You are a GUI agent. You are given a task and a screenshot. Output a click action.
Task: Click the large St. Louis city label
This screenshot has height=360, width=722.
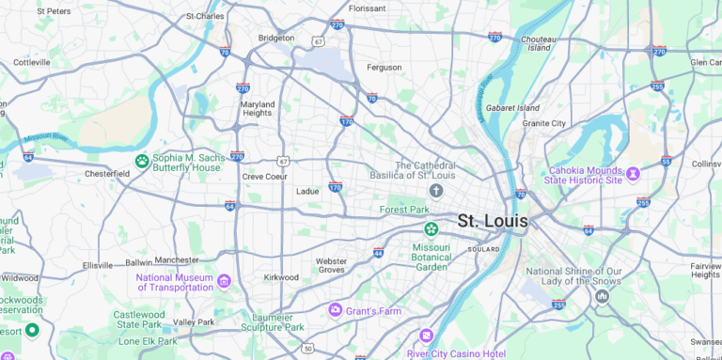click(493, 222)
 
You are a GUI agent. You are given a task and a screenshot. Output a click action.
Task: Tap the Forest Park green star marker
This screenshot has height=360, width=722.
click(431, 228)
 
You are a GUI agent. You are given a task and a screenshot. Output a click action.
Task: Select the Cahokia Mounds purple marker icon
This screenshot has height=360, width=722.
click(633, 173)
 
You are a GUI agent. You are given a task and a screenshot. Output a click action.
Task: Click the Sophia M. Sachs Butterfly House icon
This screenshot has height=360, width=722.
click(142, 161)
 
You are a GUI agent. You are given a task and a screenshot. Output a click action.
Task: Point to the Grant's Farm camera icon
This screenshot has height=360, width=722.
click(335, 309)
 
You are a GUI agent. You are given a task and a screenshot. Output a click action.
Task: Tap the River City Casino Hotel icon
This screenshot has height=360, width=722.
click(426, 336)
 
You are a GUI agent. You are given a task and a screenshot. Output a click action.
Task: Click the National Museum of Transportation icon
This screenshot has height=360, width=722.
click(224, 281)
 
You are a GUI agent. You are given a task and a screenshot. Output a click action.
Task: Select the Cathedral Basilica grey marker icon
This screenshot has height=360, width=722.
click(436, 191)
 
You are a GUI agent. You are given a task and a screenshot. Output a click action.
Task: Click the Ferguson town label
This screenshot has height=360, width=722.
click(384, 68)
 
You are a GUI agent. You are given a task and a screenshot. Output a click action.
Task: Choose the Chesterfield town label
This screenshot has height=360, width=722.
click(107, 174)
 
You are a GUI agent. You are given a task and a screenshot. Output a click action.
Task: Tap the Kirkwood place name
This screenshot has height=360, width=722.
click(281, 277)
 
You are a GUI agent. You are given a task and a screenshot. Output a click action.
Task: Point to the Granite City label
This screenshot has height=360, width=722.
click(544, 123)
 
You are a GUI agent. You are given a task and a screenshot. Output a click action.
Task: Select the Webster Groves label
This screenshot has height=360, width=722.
click(331, 265)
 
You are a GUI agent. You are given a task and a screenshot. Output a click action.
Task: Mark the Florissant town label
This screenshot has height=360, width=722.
click(367, 8)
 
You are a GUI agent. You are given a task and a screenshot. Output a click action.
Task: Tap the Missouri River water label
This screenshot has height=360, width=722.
click(45, 136)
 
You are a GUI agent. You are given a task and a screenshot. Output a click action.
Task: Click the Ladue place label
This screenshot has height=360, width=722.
click(307, 191)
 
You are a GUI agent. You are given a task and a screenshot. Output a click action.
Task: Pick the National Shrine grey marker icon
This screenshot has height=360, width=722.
click(602, 296)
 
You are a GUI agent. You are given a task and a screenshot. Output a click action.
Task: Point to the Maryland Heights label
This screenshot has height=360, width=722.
click(257, 108)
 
